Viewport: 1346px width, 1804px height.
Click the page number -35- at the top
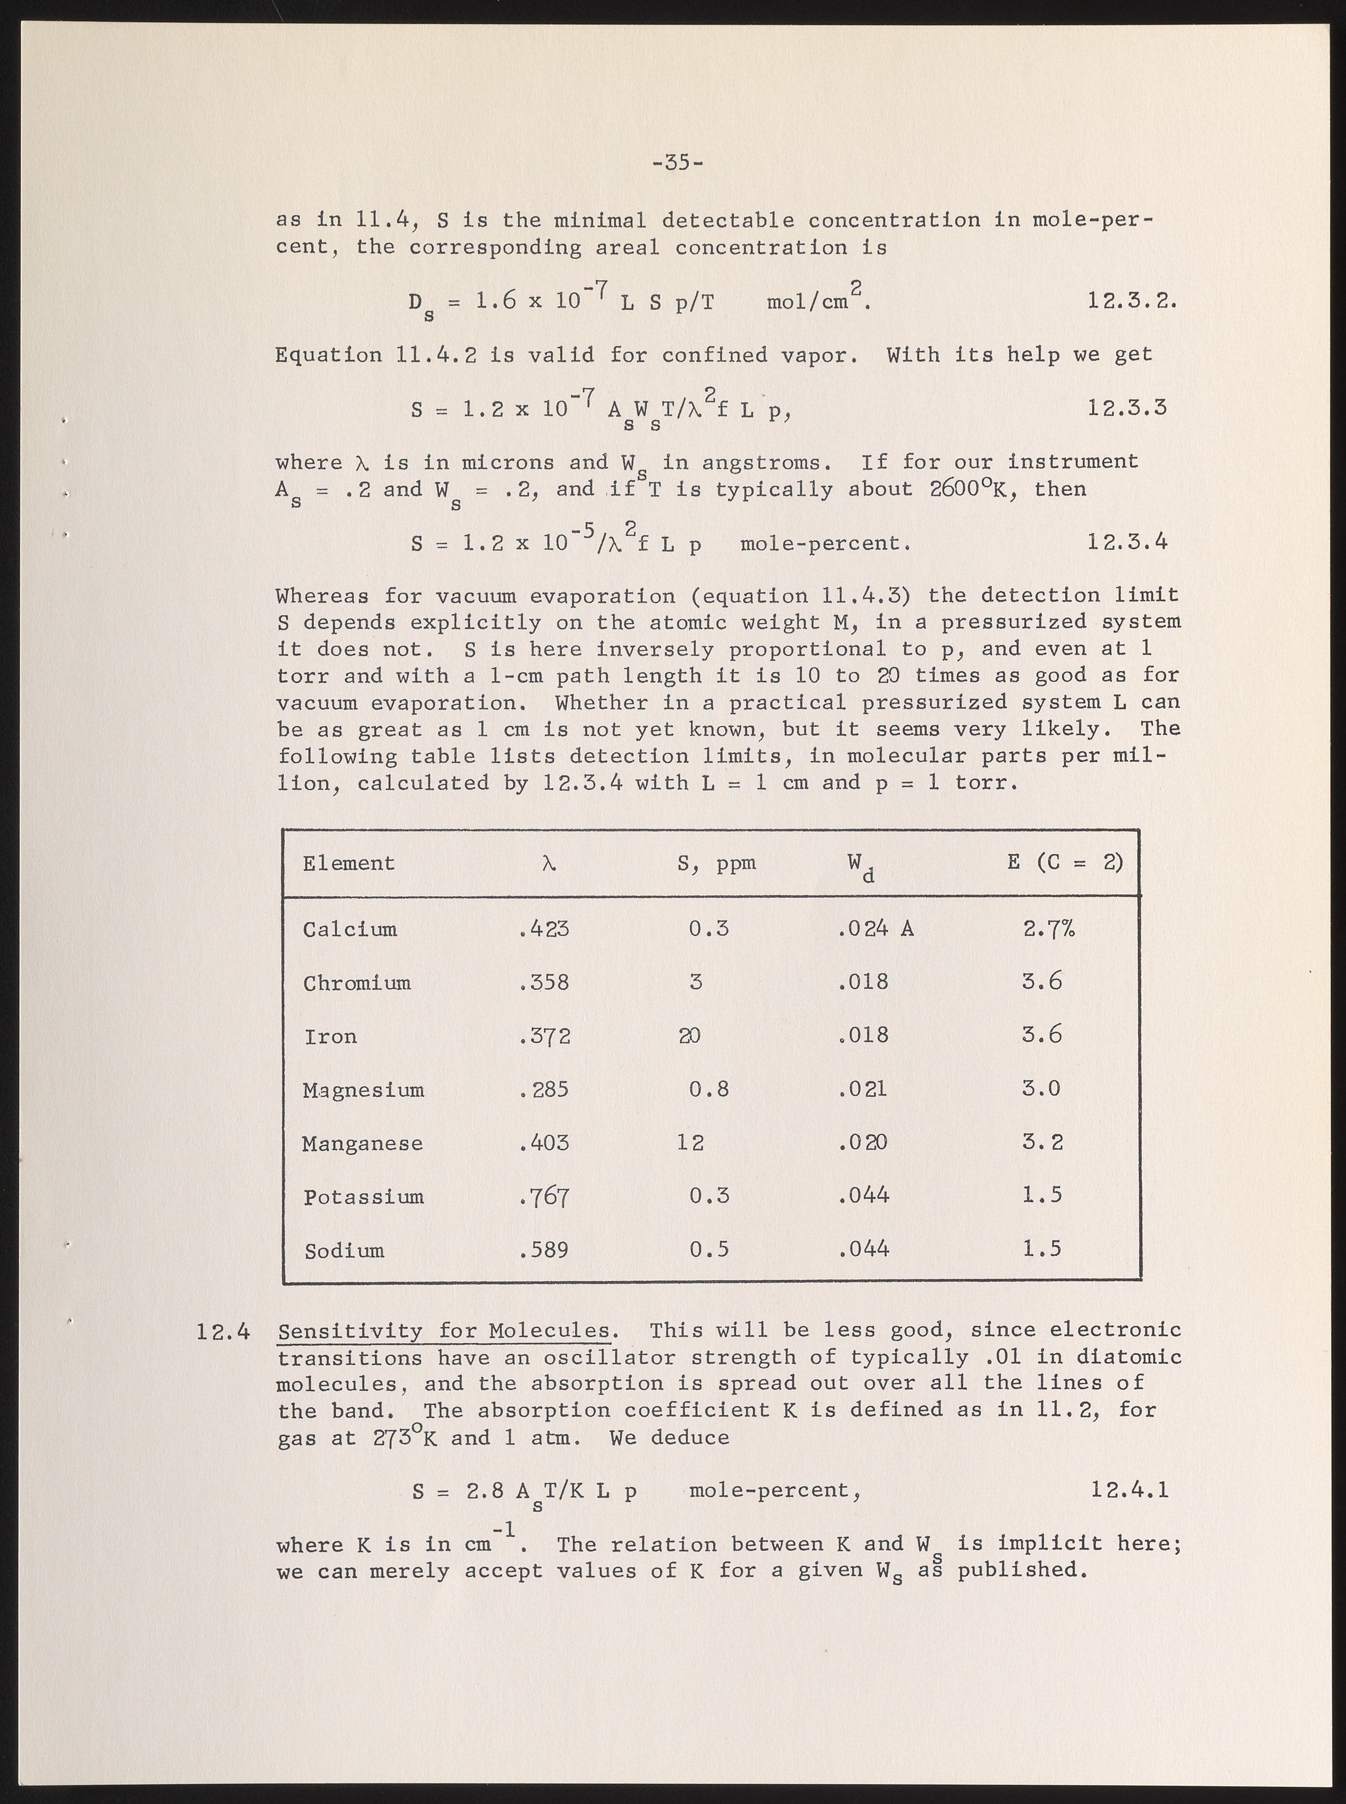click(678, 163)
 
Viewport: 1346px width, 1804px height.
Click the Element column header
click(349, 863)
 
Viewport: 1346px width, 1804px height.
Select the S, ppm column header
click(716, 863)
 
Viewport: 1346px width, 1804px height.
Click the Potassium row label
click(363, 1197)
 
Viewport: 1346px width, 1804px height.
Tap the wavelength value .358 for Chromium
click(543, 982)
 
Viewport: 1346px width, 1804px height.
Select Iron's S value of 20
click(689, 1036)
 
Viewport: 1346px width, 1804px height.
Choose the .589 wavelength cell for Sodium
click(543, 1250)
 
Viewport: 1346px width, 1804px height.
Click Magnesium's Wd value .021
click(863, 1089)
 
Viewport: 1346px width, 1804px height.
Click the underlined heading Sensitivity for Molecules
click(444, 1331)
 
